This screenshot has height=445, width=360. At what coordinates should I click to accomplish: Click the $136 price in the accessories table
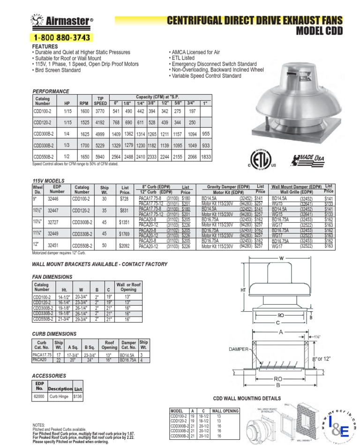coord(78,396)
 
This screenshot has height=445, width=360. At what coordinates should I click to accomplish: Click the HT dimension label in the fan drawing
coord(243,290)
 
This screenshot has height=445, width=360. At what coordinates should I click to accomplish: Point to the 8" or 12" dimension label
coord(321,358)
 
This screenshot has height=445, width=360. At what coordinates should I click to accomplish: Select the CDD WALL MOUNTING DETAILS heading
coord(247,399)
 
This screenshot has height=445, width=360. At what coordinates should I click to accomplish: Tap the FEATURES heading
coord(45,47)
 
